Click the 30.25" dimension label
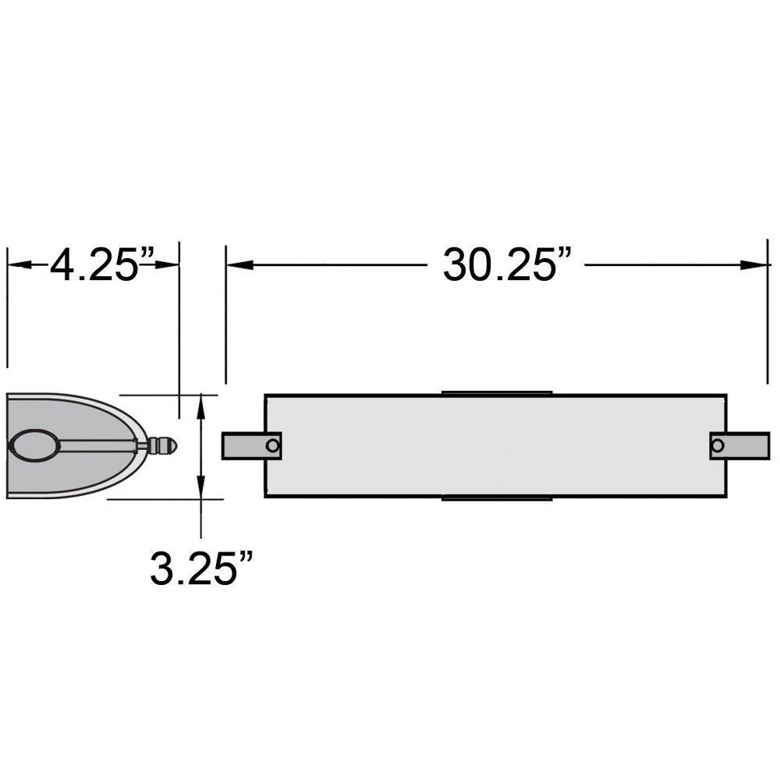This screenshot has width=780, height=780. coord(507,264)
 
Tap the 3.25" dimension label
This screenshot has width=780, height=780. coord(201,568)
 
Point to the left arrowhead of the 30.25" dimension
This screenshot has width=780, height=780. coord(239,264)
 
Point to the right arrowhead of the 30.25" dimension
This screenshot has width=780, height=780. coord(754,264)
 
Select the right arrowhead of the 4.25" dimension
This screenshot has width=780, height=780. coord(167,264)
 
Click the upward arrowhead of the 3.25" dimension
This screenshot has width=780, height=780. coord(200,406)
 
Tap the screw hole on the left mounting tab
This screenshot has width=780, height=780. coord(272,445)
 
